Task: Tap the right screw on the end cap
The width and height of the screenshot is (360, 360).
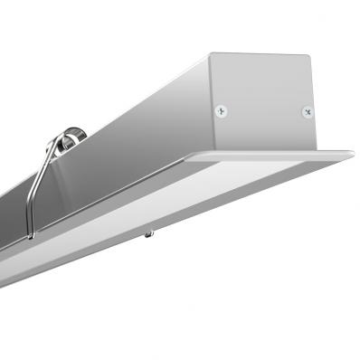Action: (x=306, y=112)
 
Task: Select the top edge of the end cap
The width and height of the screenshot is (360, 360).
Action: (x=262, y=55)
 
